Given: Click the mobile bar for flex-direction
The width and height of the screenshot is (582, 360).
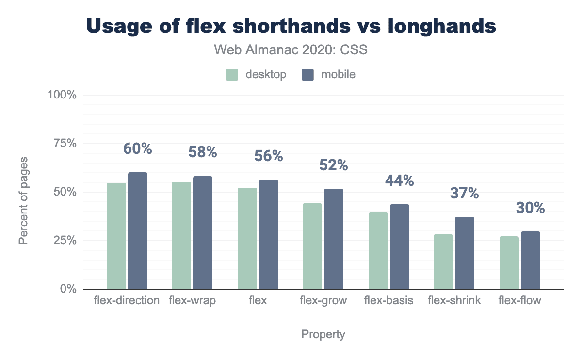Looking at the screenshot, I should (138, 230).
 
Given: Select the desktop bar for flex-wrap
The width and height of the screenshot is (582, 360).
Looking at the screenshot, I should (181, 235).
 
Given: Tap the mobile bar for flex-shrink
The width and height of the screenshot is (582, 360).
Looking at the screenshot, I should (465, 253).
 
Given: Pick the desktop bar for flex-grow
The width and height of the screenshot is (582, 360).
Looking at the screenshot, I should (312, 246).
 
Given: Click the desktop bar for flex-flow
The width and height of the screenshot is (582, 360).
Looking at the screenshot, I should (509, 262).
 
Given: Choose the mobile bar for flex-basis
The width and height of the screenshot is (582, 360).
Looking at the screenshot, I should (400, 246).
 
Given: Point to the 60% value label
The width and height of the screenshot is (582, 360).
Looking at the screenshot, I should (138, 148).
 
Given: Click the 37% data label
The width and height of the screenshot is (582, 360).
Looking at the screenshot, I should (465, 194).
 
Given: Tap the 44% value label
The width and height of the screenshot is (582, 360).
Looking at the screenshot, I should (400, 181).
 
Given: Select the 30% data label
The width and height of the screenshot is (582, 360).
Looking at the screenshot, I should (530, 208).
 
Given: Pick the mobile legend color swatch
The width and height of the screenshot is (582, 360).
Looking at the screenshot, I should (308, 75).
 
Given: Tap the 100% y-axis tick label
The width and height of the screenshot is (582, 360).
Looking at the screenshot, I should (62, 95).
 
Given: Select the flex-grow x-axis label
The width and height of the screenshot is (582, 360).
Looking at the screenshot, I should (323, 300).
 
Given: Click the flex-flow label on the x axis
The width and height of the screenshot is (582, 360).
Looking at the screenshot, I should (519, 300).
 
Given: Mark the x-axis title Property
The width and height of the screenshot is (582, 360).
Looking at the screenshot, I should (323, 334).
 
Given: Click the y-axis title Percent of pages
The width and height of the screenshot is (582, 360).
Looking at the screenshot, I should (24, 200).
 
